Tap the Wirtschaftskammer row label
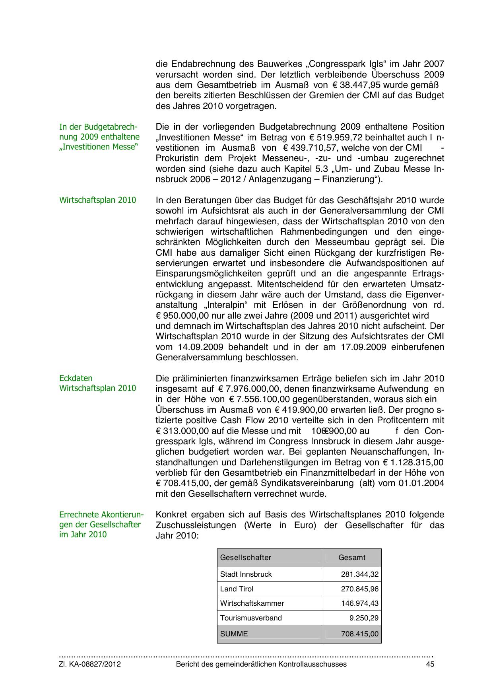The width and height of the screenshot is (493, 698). tap(252, 603)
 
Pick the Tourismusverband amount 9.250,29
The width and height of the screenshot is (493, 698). tap(364, 618)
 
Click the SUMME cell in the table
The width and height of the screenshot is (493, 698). tap(234, 634)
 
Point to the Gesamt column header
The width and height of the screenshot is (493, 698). tap(352, 558)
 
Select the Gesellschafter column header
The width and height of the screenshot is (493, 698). tap(245, 558)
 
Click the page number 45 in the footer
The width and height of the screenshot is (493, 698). tap(430, 664)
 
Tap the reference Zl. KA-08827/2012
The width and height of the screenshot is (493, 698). tap(90, 664)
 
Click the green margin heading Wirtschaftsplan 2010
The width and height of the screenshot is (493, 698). tap(97, 200)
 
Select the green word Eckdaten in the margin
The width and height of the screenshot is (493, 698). tap(76, 378)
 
